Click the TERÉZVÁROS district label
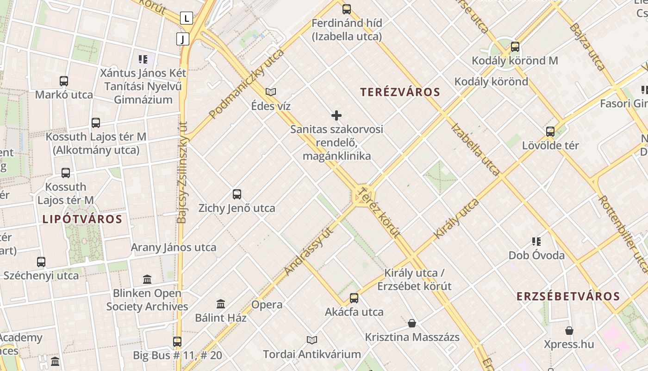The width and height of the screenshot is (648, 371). coord(400,92)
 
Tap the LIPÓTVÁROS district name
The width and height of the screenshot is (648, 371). coord(82,219)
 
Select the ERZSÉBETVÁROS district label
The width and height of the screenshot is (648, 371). coord(568,296)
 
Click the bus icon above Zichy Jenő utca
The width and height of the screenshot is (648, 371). coord(237,194)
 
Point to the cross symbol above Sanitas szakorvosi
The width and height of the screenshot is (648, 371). coord(336,115)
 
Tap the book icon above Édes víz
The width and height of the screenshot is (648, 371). coord(271,92)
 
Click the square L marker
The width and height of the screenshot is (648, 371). coord(186,19)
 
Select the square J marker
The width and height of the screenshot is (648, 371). coord(183,39)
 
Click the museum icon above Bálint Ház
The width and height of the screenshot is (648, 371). coord(221,304)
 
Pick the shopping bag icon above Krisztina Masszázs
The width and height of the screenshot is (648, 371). coord(412,323)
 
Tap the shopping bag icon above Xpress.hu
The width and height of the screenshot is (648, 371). coord(569,331)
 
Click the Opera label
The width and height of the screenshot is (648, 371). coord(267,305)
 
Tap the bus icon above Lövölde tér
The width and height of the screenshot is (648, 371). coord(550,132)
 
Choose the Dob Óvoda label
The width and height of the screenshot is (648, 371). coord(536,256)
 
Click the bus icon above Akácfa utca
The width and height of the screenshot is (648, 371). coord(354,298)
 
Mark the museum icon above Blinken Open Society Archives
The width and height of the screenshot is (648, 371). coord(147,280)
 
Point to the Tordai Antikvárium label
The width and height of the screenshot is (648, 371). coord(312,354)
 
